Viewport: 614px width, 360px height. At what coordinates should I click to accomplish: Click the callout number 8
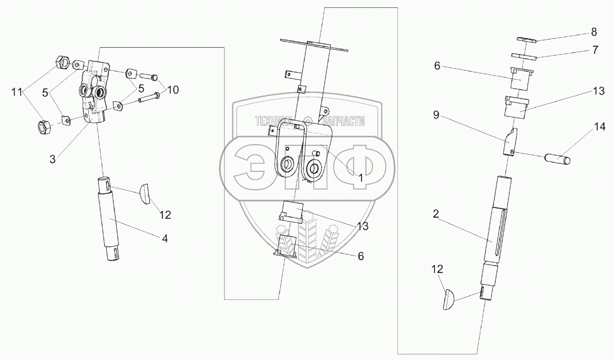coord(594,32)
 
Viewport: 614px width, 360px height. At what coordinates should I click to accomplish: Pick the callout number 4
coord(164,239)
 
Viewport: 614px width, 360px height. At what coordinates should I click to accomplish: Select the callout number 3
coord(52,159)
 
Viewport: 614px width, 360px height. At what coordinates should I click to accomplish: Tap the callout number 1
coord(361,177)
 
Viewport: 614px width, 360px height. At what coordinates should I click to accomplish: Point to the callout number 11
coord(16,91)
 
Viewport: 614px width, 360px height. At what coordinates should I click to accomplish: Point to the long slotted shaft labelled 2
coord(495,232)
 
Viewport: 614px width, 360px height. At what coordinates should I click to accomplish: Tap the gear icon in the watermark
coord(307,121)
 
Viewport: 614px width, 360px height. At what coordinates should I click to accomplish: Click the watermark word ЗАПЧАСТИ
coord(340,121)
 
